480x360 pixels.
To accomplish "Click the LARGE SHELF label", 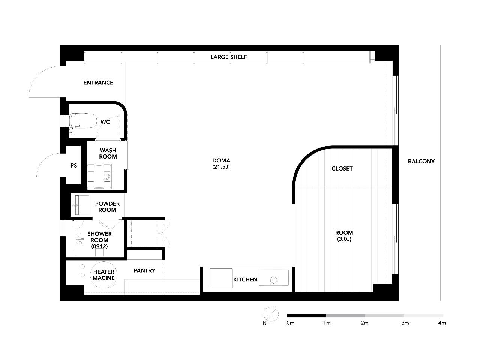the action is [x=229, y=57].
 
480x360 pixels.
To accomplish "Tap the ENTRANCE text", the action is [x=98, y=82].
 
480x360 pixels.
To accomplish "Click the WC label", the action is [x=105, y=122].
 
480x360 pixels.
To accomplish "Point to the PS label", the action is [x=74, y=166].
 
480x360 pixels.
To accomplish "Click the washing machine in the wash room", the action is [x=99, y=176].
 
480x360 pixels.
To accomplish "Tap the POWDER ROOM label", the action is [x=107, y=207].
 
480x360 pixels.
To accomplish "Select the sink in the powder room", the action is [x=77, y=205].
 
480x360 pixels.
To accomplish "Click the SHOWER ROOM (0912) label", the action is [x=99, y=240].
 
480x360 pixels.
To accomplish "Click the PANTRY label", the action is [x=144, y=271].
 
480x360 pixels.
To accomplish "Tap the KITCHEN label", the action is [x=245, y=279].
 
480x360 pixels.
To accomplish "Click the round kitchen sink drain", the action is [x=274, y=280].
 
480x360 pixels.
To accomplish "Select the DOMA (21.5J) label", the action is [x=221, y=163].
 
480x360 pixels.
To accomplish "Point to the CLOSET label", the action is [x=342, y=168].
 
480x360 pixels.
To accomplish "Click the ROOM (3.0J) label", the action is [x=344, y=235].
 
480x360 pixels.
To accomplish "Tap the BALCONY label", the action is [x=421, y=161].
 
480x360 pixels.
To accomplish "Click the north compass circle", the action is [x=271, y=314].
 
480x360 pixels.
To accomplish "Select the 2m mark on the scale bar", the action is [x=364, y=323].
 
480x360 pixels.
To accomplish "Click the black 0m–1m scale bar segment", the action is [x=306, y=315].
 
